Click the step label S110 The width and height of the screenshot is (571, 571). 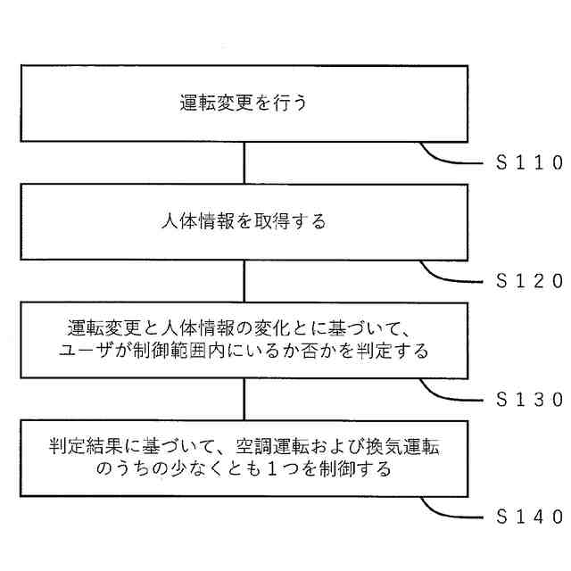(x=528, y=162)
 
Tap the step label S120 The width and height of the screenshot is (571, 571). (x=528, y=280)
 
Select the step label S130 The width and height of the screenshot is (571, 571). (x=528, y=398)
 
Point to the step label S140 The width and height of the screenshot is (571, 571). (x=528, y=516)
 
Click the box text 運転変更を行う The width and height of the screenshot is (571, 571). (x=244, y=103)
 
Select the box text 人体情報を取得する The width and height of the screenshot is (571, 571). (x=244, y=221)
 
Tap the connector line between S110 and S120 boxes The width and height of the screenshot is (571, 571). (x=244, y=162)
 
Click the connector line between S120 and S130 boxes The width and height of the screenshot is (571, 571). (x=244, y=280)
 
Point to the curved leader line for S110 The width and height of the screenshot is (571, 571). (x=446, y=157)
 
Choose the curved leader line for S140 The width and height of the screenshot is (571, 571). (x=446, y=510)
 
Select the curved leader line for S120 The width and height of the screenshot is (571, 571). (x=446, y=275)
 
